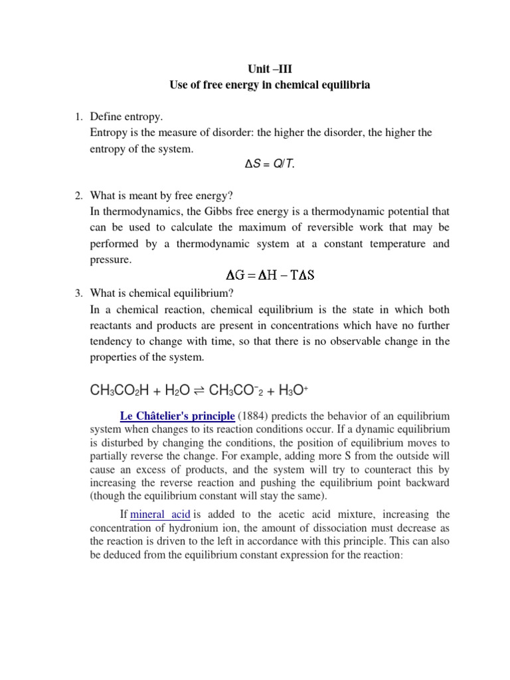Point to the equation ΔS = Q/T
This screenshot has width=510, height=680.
270,164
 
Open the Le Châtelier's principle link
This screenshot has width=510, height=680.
177,416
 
